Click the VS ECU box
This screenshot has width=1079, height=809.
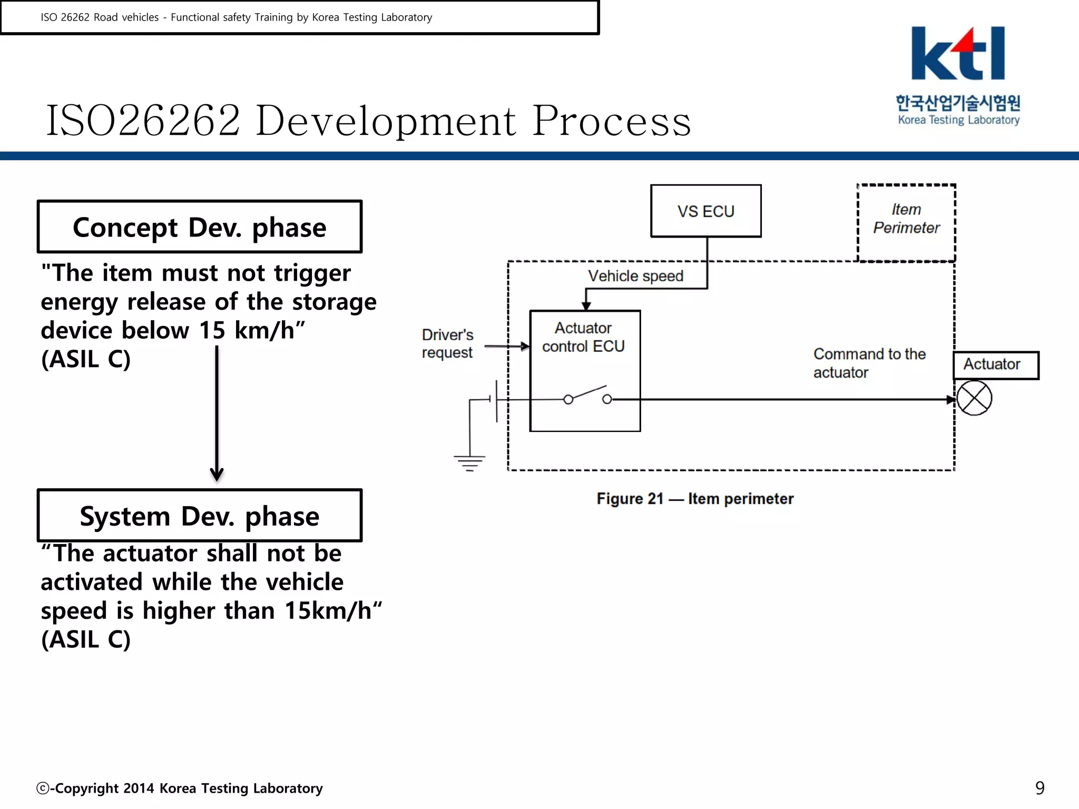coord(705,211)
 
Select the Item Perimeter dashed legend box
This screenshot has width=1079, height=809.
coord(906,222)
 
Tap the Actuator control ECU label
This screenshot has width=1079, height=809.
coord(583,337)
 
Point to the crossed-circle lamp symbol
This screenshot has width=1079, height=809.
coord(974,399)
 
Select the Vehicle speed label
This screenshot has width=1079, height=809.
coord(635,276)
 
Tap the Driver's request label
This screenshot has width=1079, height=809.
coord(447,343)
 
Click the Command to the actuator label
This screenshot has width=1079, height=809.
coord(869,363)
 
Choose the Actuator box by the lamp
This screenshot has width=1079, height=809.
coord(995,364)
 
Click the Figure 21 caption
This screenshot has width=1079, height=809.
coord(694,499)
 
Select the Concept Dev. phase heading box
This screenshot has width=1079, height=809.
coord(200,227)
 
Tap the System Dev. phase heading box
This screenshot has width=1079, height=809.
coord(200,516)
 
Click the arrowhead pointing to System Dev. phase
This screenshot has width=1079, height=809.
coord(217,473)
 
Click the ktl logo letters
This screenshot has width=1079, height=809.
coord(957,54)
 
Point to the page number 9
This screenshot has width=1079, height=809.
coord(1039,788)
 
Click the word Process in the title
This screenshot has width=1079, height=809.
coord(611,121)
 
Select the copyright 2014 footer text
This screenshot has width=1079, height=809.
coord(180,788)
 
